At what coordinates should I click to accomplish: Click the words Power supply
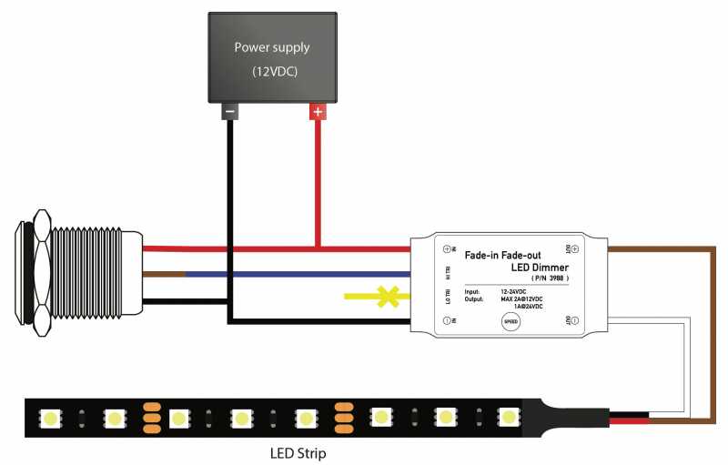(272, 47)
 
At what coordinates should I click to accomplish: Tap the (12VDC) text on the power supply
(274, 70)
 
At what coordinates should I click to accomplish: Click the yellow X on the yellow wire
(389, 296)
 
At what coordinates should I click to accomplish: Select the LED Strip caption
(298, 451)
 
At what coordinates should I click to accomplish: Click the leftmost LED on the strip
(49, 419)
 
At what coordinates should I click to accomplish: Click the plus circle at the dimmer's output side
(575, 248)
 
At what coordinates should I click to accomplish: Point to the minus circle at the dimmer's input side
(448, 321)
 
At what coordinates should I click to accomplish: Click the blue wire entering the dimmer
(300, 273)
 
